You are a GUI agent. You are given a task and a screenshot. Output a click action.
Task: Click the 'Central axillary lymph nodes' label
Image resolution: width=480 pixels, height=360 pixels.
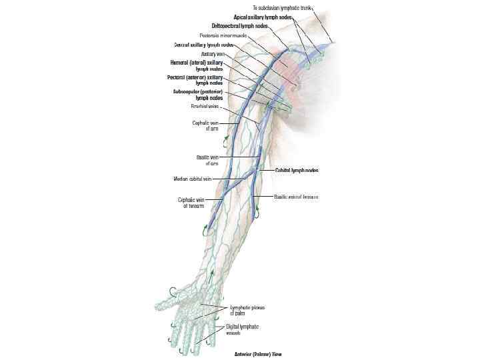[204, 45]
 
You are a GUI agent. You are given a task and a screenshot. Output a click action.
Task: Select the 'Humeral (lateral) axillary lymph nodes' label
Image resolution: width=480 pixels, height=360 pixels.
[199, 65]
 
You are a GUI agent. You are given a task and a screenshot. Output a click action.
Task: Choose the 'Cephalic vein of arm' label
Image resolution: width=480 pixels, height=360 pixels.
[209, 125]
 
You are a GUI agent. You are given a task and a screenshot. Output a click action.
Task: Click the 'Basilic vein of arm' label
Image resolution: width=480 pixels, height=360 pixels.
[207, 160]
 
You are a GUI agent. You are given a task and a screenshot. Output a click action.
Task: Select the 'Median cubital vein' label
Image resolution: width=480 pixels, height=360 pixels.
[193, 179]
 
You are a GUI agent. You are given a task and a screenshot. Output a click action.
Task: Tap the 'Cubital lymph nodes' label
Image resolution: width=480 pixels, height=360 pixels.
[297, 171]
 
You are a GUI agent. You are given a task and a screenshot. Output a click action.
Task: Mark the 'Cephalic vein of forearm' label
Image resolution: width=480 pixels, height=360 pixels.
[195, 203]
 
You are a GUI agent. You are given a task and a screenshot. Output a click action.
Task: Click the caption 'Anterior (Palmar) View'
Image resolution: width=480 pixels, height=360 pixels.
[257, 354]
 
